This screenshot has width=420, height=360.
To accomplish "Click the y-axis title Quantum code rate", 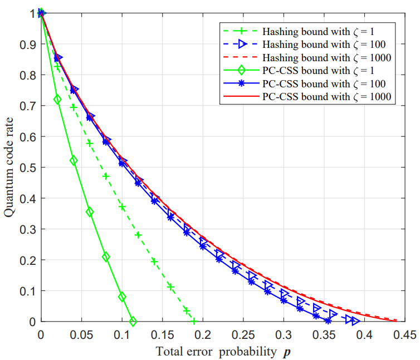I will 9,167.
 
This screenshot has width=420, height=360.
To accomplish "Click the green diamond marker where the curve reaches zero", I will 133,322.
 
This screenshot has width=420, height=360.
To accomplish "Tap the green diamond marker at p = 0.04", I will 74,161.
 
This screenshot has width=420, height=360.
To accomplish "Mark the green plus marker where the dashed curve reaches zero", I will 194,322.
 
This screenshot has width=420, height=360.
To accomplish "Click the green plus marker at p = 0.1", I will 122,208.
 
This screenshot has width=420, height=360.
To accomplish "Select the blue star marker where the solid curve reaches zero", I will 328,320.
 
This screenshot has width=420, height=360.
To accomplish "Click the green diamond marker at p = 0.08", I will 106,257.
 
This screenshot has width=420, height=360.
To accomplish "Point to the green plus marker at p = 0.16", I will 170,287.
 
